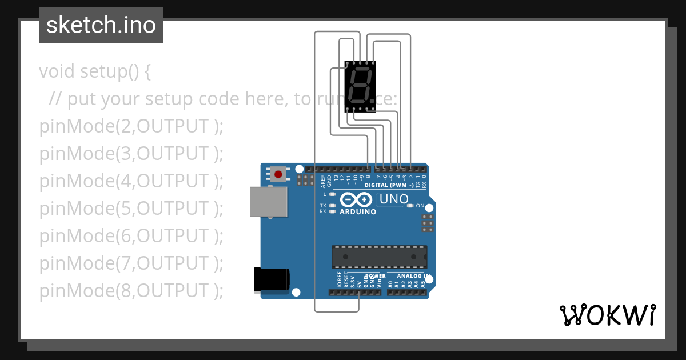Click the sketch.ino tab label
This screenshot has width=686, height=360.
[101, 25]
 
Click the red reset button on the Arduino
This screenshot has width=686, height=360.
[279, 174]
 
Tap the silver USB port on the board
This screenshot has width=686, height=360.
[269, 202]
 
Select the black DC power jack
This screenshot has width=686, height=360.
[271, 280]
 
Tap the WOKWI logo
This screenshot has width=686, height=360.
[607, 315]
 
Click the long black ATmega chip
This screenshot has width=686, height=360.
[379, 257]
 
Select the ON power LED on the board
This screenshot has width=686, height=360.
[410, 206]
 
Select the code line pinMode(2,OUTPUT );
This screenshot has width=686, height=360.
[131, 126]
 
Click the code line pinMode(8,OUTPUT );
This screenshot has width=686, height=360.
[131, 291]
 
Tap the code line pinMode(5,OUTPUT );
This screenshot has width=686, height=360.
[131, 209]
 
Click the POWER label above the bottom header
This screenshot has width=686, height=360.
[375, 276]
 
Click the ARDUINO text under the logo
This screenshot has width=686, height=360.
[358, 212]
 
